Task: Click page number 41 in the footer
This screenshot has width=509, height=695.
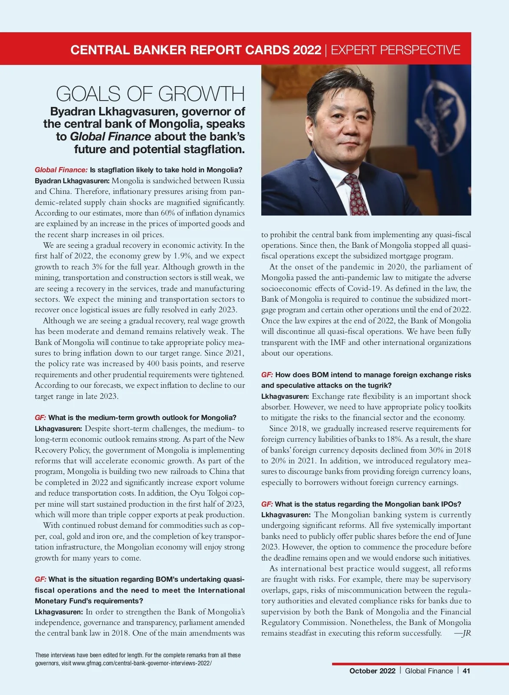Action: (466, 671)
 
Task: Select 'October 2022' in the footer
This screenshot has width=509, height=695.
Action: (372, 671)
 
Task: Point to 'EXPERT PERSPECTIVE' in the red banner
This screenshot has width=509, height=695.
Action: (395, 50)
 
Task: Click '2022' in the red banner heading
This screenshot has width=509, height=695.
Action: (307, 50)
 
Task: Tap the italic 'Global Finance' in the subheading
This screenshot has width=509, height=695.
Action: (110, 137)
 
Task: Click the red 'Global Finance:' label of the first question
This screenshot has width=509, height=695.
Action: (61, 170)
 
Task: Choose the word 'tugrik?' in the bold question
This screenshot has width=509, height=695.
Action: (378, 385)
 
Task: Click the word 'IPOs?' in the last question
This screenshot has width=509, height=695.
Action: (450, 504)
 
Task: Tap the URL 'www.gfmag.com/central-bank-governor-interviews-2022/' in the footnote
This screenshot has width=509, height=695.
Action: (142, 663)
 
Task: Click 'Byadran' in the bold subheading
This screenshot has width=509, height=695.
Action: (73, 112)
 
